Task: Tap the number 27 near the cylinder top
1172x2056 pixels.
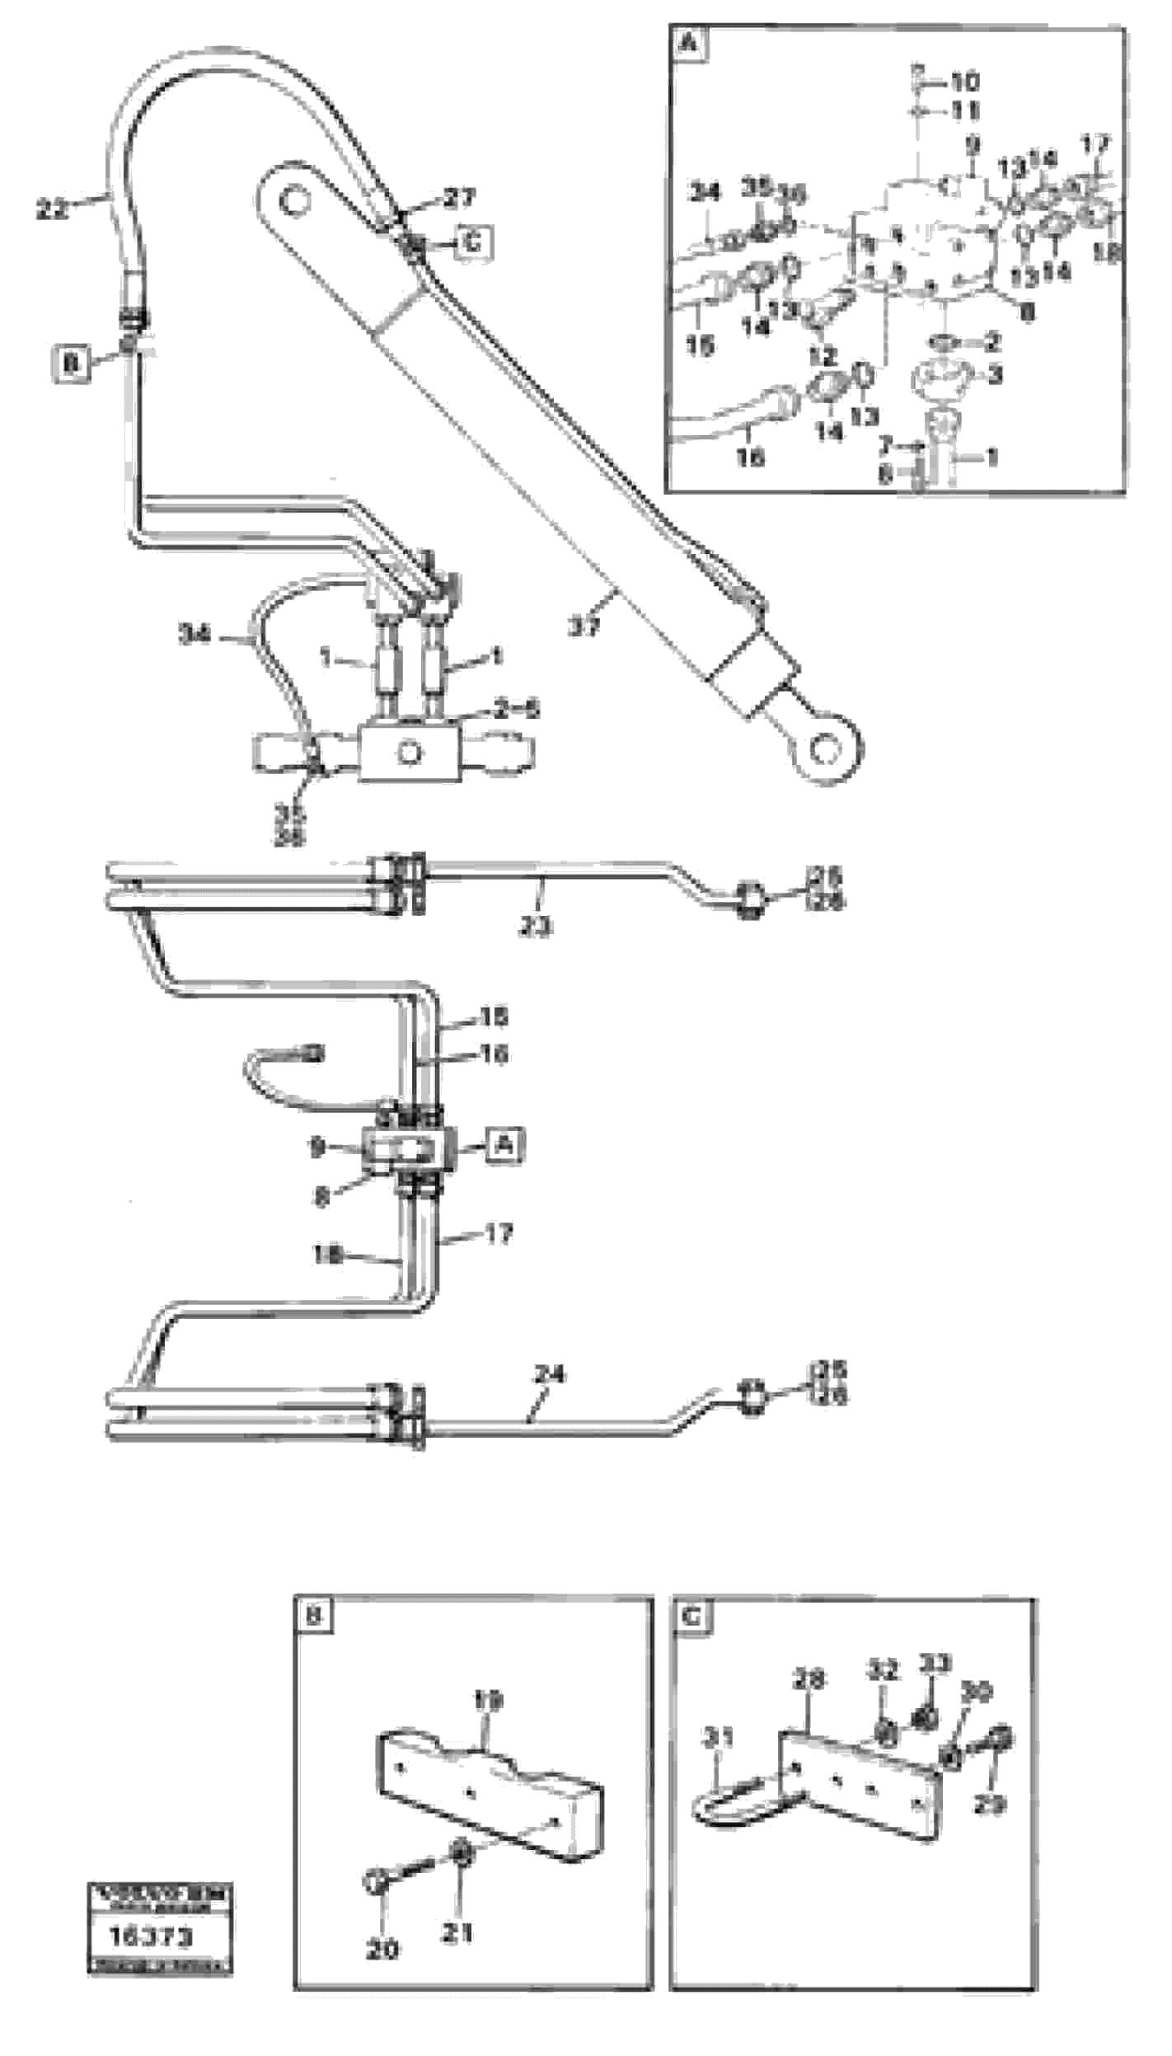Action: [x=459, y=198]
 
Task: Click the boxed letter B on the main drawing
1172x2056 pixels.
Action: [x=71, y=363]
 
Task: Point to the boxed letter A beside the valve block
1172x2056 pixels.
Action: [x=504, y=1145]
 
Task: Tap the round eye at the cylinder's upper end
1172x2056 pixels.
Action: [x=290, y=199]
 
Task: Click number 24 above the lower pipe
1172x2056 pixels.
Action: [x=550, y=1374]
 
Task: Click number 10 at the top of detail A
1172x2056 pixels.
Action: [x=964, y=82]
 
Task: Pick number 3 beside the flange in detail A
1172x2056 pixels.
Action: [x=995, y=375]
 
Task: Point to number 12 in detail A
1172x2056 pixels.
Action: [x=822, y=356]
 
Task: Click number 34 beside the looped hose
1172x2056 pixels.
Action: [x=195, y=634]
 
